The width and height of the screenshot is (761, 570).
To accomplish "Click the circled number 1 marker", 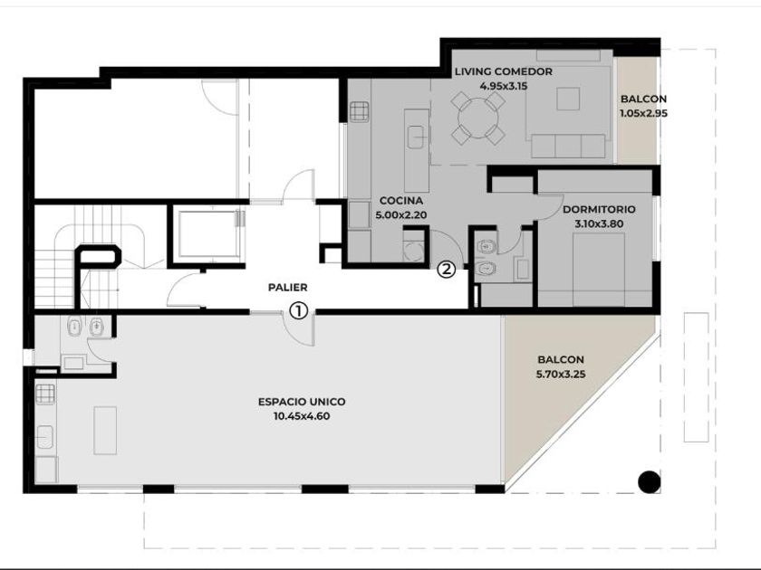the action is tap(299, 310).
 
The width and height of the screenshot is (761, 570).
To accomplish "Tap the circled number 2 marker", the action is tap(447, 269).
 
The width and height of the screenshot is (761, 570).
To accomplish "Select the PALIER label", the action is tap(288, 288).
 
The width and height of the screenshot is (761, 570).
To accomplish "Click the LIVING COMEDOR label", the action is tap(504, 71).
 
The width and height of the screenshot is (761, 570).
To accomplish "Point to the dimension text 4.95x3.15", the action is tap(504, 86).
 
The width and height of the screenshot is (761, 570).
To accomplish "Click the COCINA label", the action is tap(400, 200).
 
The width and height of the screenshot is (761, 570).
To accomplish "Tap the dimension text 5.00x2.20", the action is tap(400, 215).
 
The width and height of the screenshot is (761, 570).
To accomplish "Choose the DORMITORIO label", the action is tap(599, 209).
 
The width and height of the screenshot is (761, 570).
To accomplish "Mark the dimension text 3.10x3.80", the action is tap(599, 224).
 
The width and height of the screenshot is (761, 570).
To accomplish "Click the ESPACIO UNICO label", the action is tap(302, 402).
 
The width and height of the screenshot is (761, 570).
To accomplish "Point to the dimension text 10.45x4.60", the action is tap(302, 416).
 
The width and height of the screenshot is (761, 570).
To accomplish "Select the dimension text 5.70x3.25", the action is tap(561, 375).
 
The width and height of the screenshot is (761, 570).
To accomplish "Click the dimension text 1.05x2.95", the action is tap(643, 113).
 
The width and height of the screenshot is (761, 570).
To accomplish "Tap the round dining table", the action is tap(478, 119).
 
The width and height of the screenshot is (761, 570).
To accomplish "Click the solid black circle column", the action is tap(649, 481).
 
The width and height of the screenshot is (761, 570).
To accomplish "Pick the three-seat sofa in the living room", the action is tap(568, 147).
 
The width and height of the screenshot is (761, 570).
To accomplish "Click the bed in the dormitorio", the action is tap(599, 270).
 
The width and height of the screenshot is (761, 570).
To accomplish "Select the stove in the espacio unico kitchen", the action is tap(45, 394).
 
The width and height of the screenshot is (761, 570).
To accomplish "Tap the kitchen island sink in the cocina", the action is tap(417, 138).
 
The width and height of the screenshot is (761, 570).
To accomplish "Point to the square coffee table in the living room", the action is tap(568, 99).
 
